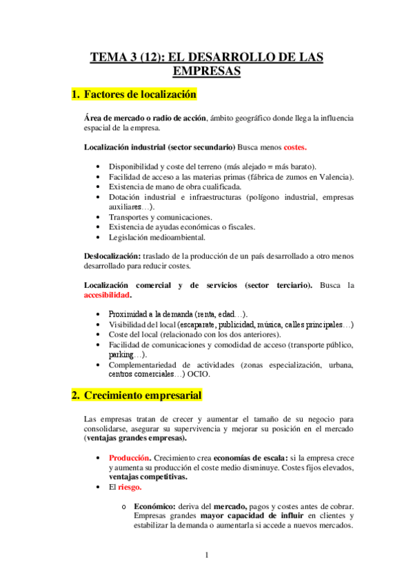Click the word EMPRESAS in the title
tap(206, 71)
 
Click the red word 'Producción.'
tap(130, 457)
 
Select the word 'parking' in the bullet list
tap(122, 354)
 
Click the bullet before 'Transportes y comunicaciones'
tap(101, 217)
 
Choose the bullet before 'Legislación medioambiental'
tap(101, 237)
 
